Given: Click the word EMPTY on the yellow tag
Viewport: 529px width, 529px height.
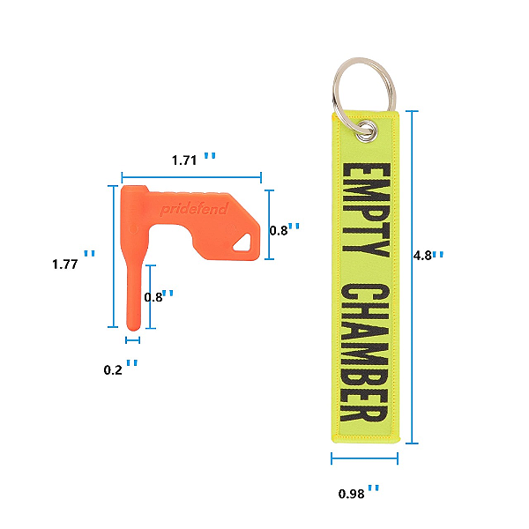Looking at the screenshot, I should point(364,209).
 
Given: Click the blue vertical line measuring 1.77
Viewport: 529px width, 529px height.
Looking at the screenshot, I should point(113,256).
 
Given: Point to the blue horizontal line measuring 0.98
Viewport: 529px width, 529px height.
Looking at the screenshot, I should point(364,458).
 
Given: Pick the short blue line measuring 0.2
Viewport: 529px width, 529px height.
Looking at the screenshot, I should point(133,339).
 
